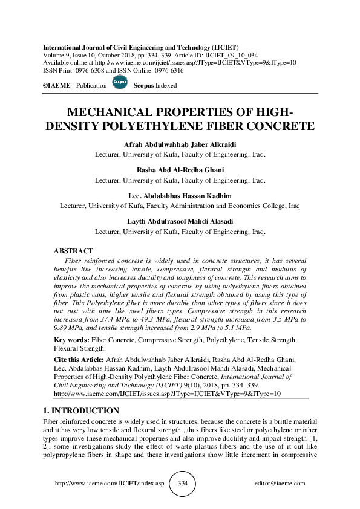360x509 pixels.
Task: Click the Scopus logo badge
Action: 120,84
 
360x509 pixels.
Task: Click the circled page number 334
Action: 183,484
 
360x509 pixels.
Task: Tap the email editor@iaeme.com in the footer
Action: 281,484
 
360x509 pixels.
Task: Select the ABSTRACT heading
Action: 73,250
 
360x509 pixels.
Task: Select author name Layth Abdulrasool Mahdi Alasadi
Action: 180,222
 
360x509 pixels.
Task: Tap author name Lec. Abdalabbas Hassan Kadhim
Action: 180,196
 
